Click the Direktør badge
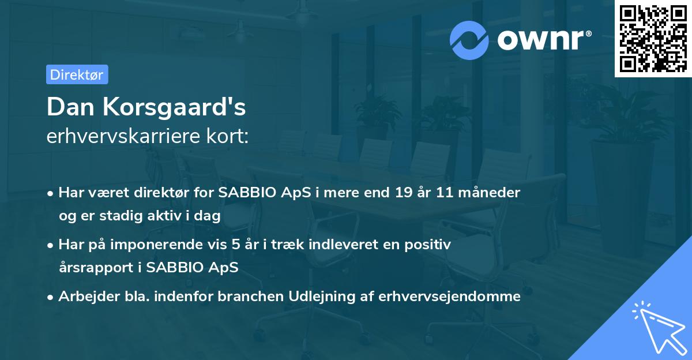coord(77,74)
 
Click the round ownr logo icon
coord(469,40)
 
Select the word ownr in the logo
coord(540,40)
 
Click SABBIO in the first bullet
coord(243,193)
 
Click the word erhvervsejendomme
coord(449,297)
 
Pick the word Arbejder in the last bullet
coord(84,297)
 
